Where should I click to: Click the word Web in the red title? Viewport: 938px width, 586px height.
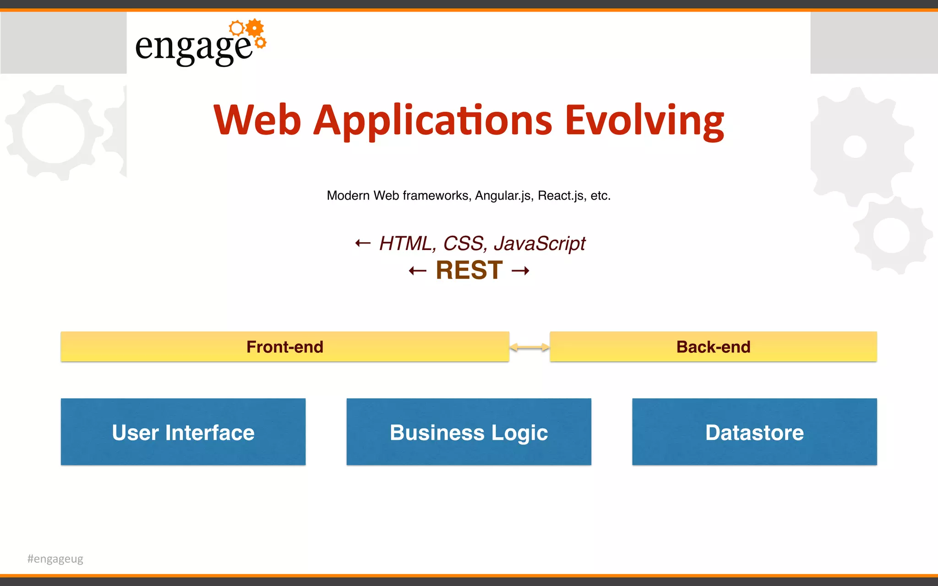click(x=257, y=120)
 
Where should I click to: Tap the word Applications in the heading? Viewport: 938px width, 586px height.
click(x=432, y=120)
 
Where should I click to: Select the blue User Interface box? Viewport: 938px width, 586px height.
click(x=183, y=432)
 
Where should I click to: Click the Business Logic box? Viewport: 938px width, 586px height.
click(x=469, y=432)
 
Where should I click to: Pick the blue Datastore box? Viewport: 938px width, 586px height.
click(x=754, y=432)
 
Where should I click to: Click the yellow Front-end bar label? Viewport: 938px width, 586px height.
click(x=284, y=347)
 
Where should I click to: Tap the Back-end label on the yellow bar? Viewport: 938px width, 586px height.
click(x=713, y=347)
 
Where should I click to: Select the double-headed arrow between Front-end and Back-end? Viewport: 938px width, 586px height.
click(x=529, y=347)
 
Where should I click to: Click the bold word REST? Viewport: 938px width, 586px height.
click(x=469, y=270)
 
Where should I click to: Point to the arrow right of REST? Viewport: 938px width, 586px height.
click(x=520, y=271)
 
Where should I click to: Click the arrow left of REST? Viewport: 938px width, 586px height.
click(x=417, y=271)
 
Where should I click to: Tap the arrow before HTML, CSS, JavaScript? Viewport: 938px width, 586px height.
click(x=363, y=243)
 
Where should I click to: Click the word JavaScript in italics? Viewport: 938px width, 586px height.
click(x=539, y=243)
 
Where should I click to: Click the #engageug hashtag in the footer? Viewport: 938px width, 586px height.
click(x=55, y=559)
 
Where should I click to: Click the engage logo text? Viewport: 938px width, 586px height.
click(x=193, y=47)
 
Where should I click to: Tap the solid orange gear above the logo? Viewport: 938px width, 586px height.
click(x=255, y=28)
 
